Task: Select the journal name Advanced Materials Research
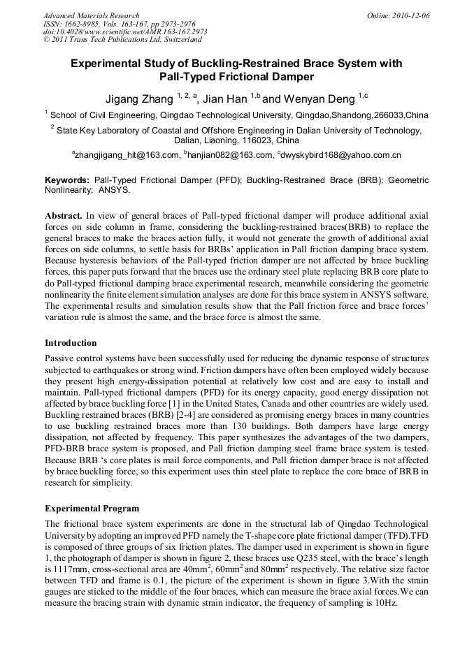coord(91,15)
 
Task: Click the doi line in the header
coord(124,32)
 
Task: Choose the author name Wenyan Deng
coord(318,98)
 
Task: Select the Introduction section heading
coord(71,343)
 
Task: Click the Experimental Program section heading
coord(92,508)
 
